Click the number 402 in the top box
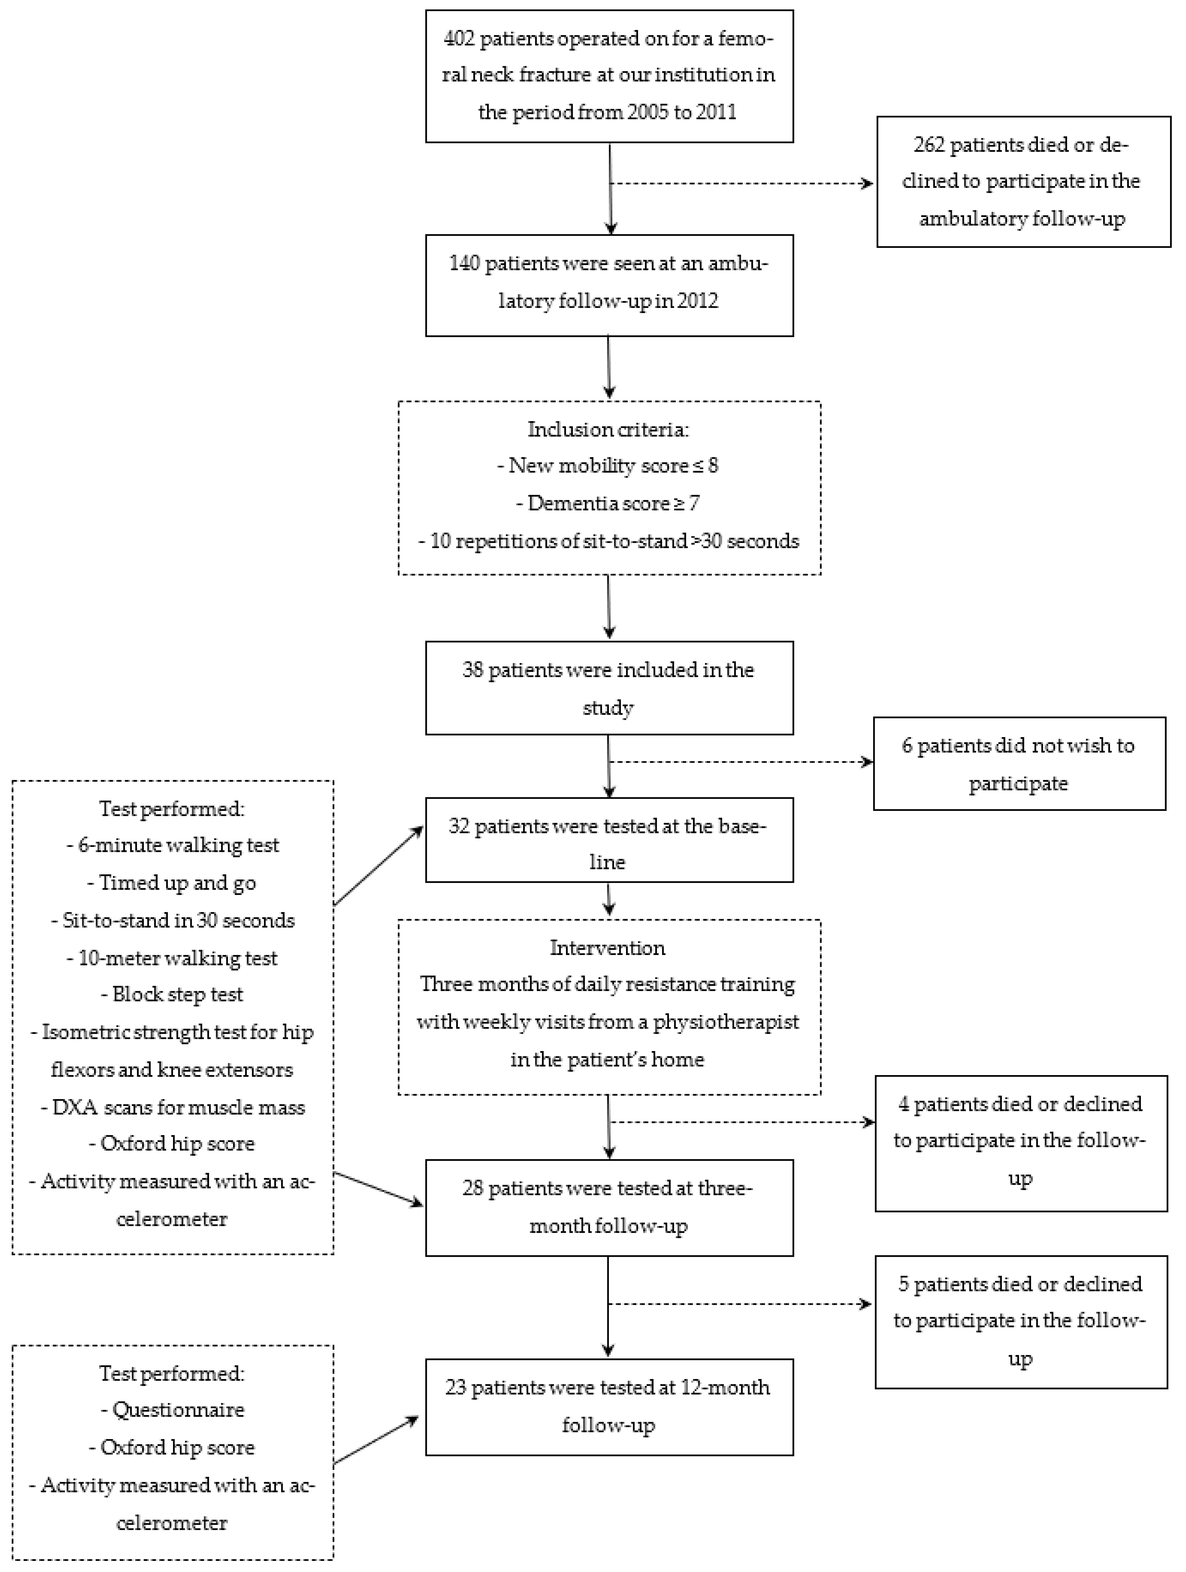point(459,38)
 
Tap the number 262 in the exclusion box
point(929,145)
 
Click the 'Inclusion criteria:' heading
point(608,429)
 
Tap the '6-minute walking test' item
point(173,845)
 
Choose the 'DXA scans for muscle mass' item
point(173,1107)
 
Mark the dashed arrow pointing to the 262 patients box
point(739,183)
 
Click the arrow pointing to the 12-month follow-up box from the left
point(377,1440)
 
